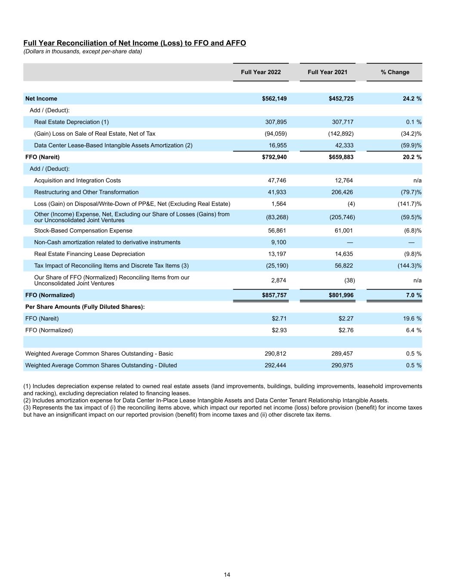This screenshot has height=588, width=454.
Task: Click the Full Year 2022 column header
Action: coord(261,72)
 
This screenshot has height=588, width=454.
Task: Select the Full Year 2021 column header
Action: coord(327,72)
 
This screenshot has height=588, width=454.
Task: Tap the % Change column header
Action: coord(395,72)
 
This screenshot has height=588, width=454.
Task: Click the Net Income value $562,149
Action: coord(274,99)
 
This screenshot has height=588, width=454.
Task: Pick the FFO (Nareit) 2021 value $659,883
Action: coord(341,157)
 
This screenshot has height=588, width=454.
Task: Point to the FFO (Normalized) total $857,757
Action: coord(274,295)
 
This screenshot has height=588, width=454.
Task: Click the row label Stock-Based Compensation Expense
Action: coord(83,230)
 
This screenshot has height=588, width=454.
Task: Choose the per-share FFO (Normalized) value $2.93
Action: coord(279,330)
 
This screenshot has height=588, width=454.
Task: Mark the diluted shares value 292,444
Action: coord(275,365)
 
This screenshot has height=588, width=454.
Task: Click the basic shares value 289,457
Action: coord(342,354)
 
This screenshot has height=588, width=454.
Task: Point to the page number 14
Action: coord(227,575)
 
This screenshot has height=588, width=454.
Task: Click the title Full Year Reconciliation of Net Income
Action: coord(134,43)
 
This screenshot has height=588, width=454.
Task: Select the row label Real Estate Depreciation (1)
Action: coord(71,122)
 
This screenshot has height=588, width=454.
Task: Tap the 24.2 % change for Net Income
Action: coord(412,99)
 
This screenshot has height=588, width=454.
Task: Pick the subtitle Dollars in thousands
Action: coord(83,51)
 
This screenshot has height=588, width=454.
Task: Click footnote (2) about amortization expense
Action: coord(206,400)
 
